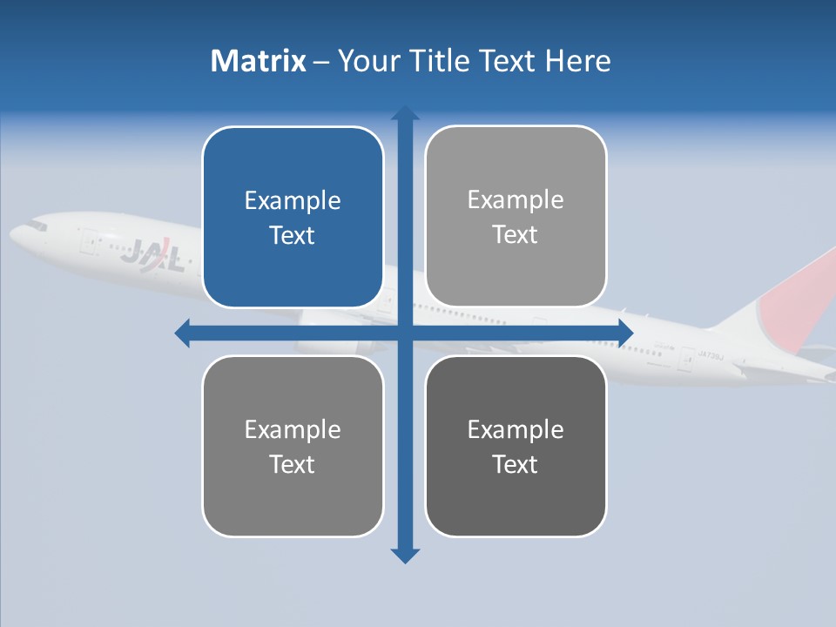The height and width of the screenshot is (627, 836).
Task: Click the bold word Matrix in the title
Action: (258, 61)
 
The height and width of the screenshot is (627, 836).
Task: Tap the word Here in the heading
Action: (577, 61)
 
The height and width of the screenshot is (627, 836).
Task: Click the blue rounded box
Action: (293, 217)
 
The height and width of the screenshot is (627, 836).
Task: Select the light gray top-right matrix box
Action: (516, 216)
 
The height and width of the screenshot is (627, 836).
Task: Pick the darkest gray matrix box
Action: (516, 446)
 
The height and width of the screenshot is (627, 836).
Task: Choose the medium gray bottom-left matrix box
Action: (293, 446)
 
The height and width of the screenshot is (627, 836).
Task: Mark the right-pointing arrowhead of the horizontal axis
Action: (625, 333)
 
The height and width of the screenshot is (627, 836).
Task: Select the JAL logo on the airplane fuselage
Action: (152, 256)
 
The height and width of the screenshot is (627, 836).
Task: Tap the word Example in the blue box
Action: (293, 201)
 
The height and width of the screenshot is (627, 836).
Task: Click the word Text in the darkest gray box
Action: (516, 464)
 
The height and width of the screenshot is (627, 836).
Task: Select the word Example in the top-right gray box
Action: (516, 200)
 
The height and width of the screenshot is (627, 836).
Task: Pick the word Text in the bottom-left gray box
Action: (293, 464)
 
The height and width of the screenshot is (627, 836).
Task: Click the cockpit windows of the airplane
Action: (36, 226)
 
